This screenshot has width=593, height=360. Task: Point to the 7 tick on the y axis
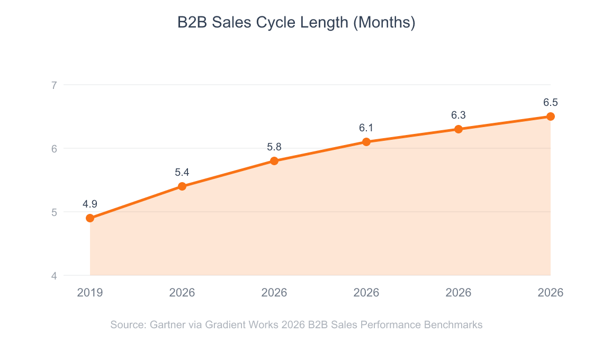point(53,85)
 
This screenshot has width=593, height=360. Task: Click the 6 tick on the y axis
point(53,148)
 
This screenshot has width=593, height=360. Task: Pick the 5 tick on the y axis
point(53,212)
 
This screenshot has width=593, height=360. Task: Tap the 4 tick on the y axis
point(53,275)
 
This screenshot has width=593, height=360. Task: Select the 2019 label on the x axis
point(90,292)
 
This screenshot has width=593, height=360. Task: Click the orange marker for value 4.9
point(90,218)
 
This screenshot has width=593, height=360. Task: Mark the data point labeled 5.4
point(182,186)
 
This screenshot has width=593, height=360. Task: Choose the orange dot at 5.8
point(274,161)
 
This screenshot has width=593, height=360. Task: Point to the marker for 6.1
point(366,142)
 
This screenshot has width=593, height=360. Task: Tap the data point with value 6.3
point(459,129)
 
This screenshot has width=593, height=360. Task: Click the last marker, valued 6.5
point(551,116)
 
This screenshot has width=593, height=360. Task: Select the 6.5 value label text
point(551,102)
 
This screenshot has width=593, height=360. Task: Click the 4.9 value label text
point(90,204)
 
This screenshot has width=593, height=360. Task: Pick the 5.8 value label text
point(274,147)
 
